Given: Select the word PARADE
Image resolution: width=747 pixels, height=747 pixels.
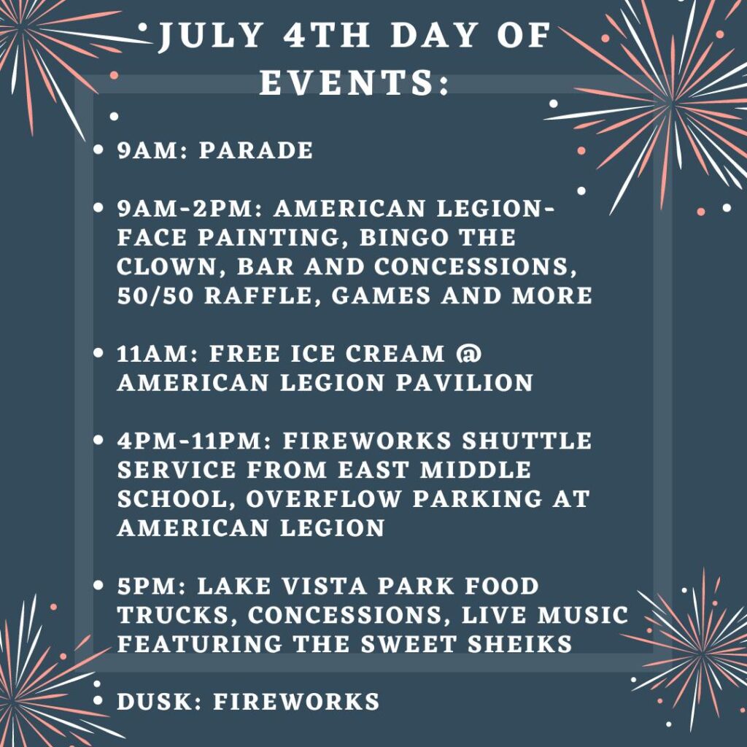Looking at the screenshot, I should [256, 150].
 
